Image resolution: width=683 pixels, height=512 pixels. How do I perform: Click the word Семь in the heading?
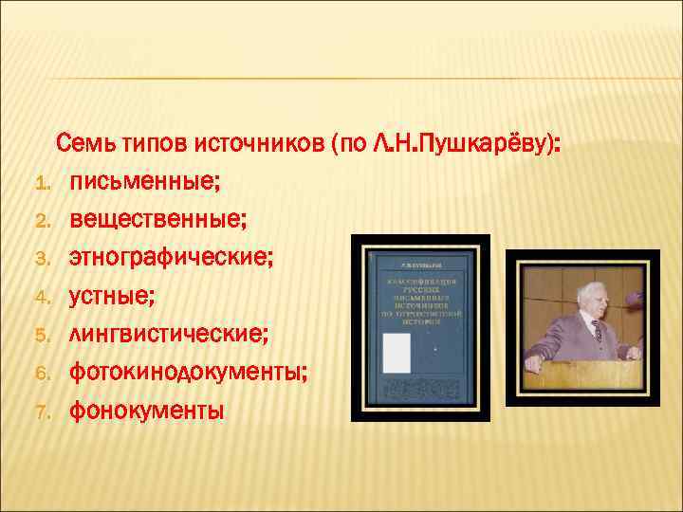coord(86,144)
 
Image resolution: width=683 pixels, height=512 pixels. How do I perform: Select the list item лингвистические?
coord(168,334)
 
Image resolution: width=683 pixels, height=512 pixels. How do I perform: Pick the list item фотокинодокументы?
coord(188,372)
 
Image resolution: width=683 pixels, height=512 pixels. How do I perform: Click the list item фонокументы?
coord(146,410)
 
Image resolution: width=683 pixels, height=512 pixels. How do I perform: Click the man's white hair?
coord(578,284)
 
